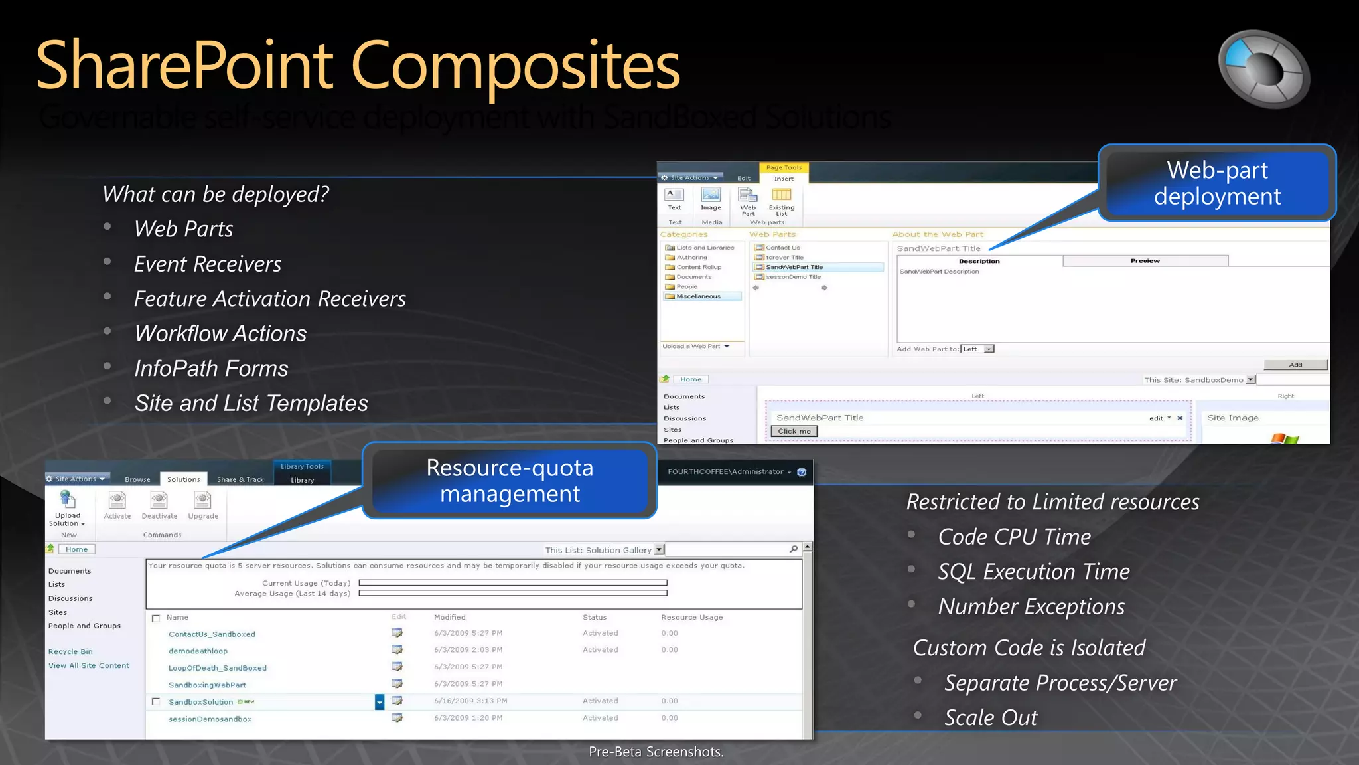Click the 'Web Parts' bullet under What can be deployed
coord(183,229)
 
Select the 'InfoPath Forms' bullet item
coord(211,369)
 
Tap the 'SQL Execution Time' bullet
coord(1033,572)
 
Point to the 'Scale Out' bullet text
coord(991,718)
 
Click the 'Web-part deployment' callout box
coord(1217,183)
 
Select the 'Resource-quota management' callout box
coord(510,481)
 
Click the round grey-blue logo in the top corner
coord(1263,68)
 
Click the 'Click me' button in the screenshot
coord(794,432)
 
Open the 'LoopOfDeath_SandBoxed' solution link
coord(218,668)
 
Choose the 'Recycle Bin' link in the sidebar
coord(70,652)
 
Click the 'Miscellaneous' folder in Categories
coord(698,297)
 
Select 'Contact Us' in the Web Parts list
coord(783,248)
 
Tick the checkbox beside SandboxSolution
coord(156,702)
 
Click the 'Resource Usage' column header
coord(691,618)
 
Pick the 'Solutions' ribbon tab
coord(183,479)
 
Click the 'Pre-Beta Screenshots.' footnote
coord(656,752)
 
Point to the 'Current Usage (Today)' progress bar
coord(512,583)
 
